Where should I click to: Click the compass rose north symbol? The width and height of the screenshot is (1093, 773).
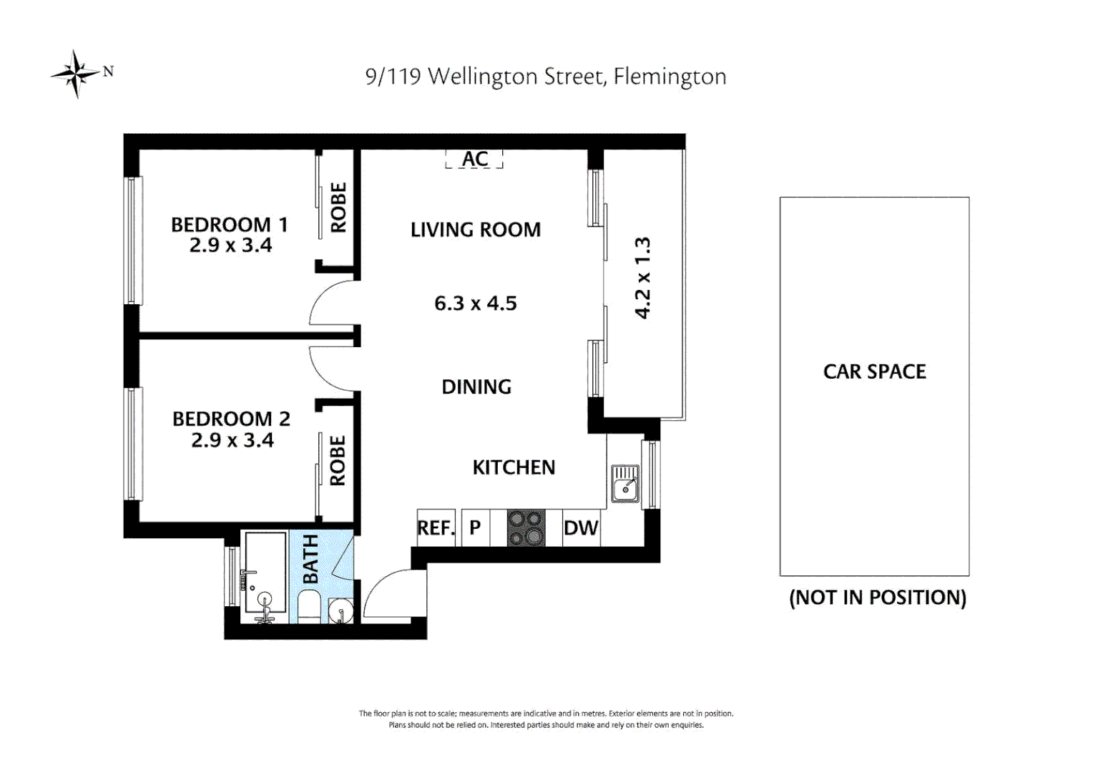click(77, 73)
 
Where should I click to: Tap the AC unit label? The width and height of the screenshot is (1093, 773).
click(475, 159)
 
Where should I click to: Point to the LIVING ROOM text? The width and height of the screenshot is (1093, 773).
click(476, 230)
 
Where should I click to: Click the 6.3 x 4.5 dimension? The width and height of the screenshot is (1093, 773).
click(476, 303)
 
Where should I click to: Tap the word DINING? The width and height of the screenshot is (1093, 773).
click(476, 387)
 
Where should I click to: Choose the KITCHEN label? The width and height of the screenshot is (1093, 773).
click(514, 467)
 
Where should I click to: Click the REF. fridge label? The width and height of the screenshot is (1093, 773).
click(436, 528)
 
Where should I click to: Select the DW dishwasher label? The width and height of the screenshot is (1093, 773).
click(581, 528)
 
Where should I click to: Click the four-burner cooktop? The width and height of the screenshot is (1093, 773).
click(526, 528)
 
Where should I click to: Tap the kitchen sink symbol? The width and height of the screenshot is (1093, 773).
click(626, 483)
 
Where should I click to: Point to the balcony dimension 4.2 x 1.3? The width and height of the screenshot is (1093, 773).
click(643, 278)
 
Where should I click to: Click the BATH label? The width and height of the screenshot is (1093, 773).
click(310, 559)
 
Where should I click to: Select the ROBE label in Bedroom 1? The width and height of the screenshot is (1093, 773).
click(338, 208)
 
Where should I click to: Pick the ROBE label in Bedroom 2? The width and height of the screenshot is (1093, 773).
click(338, 461)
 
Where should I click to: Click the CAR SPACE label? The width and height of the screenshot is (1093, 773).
click(874, 371)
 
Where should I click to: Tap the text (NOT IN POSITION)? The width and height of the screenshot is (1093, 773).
click(878, 598)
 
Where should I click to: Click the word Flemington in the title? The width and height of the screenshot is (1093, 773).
click(670, 77)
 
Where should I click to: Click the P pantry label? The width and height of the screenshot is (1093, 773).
click(475, 528)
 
